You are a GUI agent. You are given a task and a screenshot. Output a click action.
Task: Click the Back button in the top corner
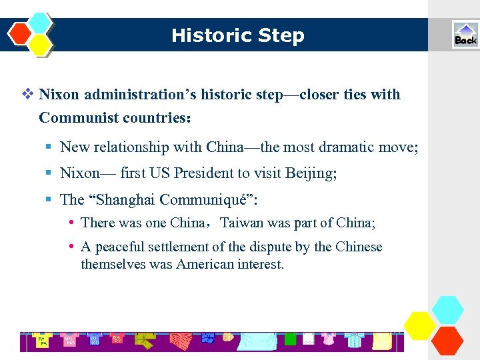(465, 35)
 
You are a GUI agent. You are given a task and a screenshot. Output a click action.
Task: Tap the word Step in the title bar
(283, 35)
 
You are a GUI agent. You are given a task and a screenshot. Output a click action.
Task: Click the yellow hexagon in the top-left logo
(41, 45)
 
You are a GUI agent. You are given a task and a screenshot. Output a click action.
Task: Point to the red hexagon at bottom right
(447, 340)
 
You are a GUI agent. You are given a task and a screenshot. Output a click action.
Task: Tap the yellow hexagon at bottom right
(420, 326)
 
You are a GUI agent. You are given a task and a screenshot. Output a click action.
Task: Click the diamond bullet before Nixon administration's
(27, 94)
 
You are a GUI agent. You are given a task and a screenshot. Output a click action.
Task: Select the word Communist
(75, 118)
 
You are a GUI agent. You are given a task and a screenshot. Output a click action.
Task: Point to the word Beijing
(311, 173)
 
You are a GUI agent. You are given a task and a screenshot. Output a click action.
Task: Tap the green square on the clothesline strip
(290, 339)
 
